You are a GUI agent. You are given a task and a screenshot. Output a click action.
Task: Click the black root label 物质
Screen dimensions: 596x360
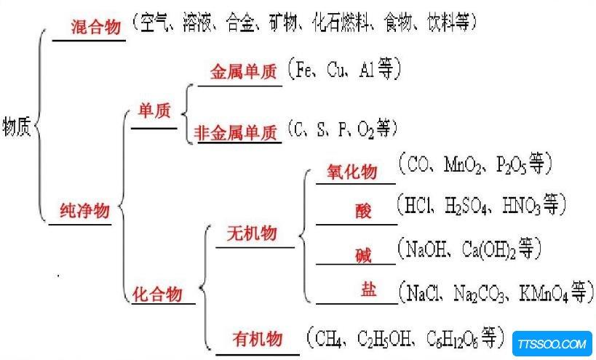(17, 126)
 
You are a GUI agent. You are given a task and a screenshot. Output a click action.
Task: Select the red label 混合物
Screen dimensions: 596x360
(96, 27)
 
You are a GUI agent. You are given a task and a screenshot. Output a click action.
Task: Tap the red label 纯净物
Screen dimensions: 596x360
(84, 210)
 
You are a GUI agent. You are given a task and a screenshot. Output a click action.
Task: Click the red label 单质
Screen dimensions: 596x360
(154, 111)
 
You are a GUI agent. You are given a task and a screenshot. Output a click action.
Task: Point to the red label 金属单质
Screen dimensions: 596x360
(244, 71)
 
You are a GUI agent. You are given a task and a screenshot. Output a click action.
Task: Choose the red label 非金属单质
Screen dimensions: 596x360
(236, 133)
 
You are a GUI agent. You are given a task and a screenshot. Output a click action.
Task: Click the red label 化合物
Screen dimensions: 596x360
(157, 295)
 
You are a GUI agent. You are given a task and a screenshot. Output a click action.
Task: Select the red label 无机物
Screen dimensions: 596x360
(252, 233)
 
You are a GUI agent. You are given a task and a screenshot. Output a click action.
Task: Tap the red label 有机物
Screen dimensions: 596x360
(258, 338)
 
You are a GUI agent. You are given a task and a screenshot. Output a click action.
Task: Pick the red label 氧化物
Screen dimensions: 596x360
(352, 172)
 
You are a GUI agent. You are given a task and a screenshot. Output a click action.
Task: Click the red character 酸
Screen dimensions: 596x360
(363, 210)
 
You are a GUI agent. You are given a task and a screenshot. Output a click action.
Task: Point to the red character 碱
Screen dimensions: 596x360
(363, 255)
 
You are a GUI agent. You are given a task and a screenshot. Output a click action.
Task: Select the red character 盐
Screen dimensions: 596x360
(368, 289)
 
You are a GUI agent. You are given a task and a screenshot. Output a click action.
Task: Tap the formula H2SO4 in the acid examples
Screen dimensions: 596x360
(466, 207)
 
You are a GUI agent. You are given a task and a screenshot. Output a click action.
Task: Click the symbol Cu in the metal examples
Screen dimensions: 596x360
(335, 70)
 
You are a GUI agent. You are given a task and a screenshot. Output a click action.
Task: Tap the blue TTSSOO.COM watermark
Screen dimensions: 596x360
(552, 344)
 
